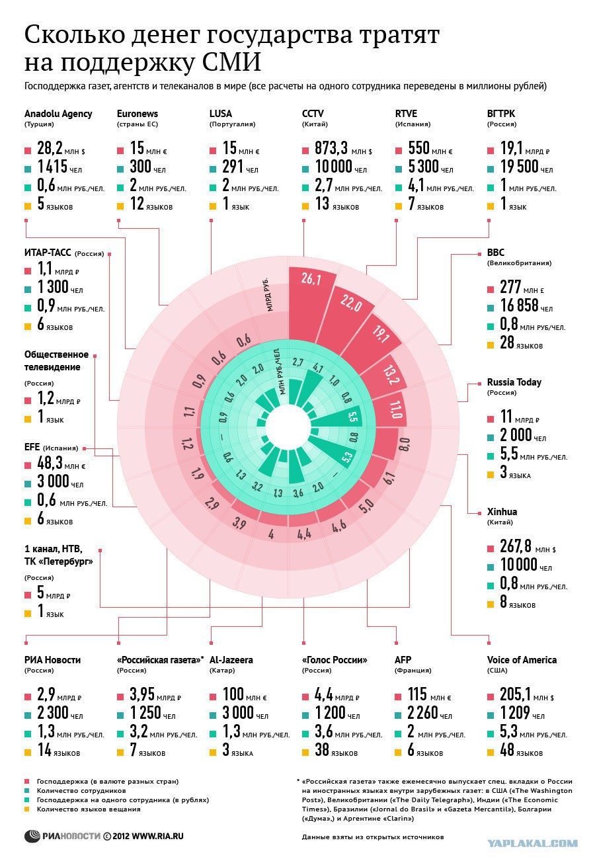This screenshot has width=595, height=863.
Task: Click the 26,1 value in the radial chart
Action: click(x=311, y=278)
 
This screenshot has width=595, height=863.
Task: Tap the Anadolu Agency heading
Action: click(x=58, y=114)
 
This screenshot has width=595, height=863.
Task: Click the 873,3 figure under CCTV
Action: click(x=331, y=148)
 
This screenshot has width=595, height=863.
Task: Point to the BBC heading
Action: click(x=495, y=253)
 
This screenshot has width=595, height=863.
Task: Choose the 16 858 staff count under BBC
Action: click(x=518, y=305)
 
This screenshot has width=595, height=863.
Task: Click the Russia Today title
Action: click(x=514, y=382)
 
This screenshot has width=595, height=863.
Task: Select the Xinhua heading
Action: click(x=502, y=512)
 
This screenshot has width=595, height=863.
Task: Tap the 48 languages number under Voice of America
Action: click(x=507, y=749)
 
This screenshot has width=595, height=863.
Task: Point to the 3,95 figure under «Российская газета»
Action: click(x=141, y=694)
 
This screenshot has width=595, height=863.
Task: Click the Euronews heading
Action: click(x=137, y=114)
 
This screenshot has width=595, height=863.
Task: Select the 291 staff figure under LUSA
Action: click(x=232, y=167)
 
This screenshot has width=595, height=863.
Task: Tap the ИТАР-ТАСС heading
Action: click(x=48, y=253)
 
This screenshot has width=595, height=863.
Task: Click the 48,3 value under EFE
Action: click(x=50, y=463)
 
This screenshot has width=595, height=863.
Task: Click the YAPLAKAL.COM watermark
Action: click(x=533, y=844)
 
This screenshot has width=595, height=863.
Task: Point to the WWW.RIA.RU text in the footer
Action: click(x=157, y=836)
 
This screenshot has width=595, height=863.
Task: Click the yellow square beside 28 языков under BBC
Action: click(x=491, y=345)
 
